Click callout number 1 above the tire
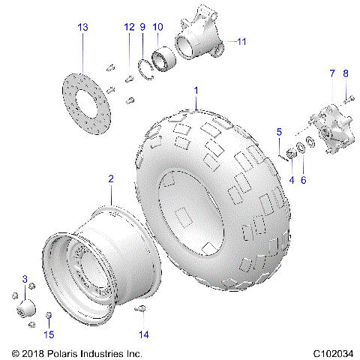coord(196,90)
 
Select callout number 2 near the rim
coord(111,178)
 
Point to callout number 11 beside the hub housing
coord(241,42)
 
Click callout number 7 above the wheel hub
coord(331,73)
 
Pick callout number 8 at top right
coord(346,73)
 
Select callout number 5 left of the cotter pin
coord(279,132)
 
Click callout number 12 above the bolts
coord(129,27)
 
